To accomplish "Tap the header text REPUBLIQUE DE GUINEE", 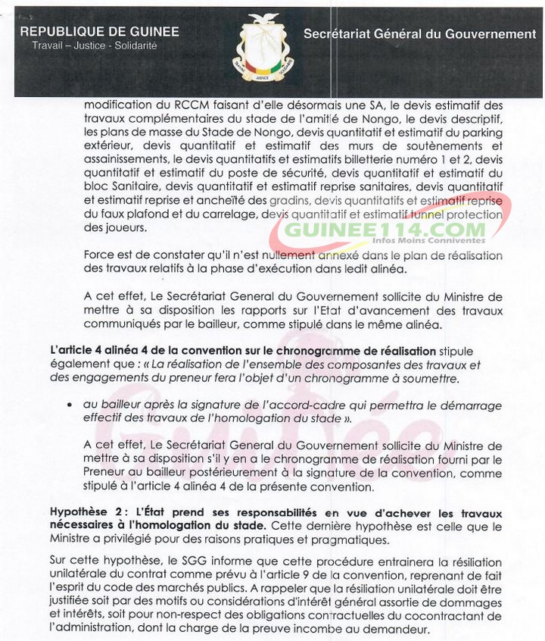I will click(99, 32).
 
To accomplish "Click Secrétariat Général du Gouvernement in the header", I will click(419, 34).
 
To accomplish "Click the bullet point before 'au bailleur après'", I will click(70, 405).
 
